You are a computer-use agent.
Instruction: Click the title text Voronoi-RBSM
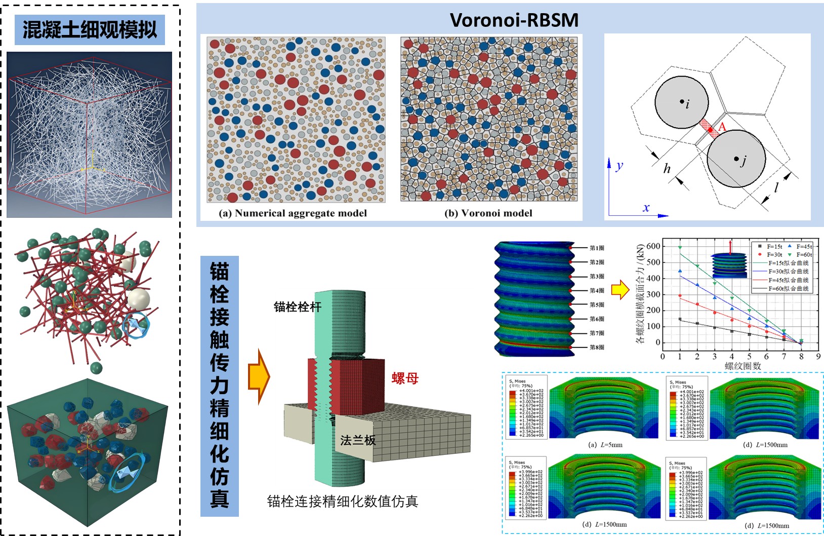coord(514,20)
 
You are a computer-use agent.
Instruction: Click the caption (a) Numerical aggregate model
coord(293,213)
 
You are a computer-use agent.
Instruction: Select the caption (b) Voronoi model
coord(488,213)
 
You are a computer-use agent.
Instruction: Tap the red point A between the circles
coord(711,130)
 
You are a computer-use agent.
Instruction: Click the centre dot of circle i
coord(682,102)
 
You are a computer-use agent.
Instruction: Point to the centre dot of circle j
coord(736,159)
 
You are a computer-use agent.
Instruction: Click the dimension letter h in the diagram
coord(667,169)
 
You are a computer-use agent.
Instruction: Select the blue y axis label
coord(620,166)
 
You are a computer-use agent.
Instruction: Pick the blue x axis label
coord(646,208)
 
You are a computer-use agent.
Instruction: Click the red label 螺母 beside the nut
coord(405,378)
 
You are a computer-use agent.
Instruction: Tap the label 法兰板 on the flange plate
coord(358,440)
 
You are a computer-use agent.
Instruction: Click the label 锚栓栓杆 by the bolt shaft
coord(298,307)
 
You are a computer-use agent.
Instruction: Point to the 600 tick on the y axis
coord(653,246)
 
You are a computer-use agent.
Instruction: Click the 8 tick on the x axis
coord(801,357)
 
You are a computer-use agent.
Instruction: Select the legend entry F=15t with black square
coord(770,247)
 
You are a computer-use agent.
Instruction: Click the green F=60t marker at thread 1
coord(680,247)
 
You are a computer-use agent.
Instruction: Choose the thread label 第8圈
coord(597,348)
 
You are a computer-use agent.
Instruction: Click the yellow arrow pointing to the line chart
coord(620,290)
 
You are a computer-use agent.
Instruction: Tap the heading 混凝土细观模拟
coord(90,29)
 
